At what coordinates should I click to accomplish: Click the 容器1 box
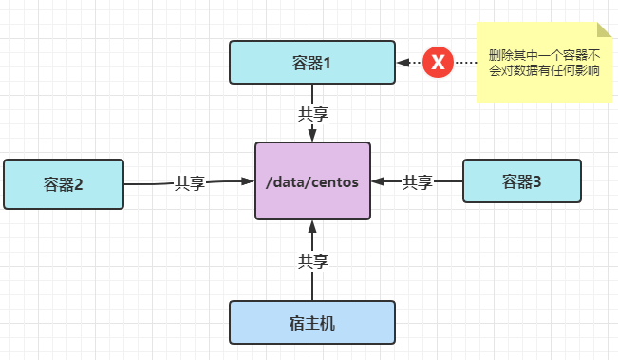[312, 62]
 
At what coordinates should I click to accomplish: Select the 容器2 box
[64, 183]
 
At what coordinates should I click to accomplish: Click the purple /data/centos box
[312, 180]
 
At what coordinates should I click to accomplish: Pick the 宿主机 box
[312, 322]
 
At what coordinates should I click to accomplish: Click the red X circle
[438, 62]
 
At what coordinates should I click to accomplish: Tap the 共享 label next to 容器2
[190, 182]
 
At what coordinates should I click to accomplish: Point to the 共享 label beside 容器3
[418, 180]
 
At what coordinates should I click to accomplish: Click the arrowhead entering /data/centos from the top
[312, 136]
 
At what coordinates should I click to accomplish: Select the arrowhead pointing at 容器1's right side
[403, 63]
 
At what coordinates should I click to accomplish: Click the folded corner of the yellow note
[604, 30]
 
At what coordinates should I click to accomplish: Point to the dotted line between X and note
[465, 63]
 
